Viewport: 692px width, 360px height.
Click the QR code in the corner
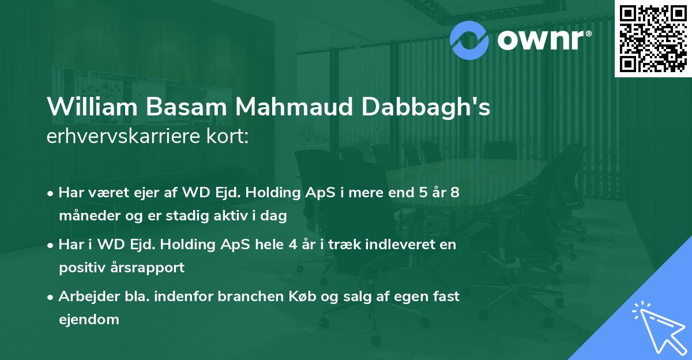tap(653, 38)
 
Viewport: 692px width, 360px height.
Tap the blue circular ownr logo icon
tap(470, 39)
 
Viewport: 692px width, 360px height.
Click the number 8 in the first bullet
tap(455, 192)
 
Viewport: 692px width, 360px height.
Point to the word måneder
tap(86, 217)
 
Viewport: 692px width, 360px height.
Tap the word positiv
tap(81, 268)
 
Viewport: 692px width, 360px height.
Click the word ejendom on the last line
tap(89, 319)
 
